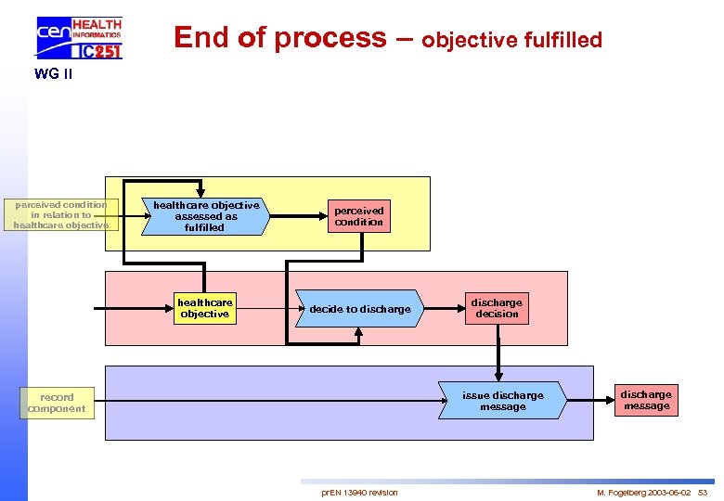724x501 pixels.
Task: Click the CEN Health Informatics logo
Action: coord(79,38)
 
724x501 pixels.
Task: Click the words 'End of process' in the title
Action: coord(280,37)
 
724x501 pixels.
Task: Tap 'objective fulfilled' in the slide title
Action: coord(511,40)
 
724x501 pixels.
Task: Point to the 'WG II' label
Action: coord(53,74)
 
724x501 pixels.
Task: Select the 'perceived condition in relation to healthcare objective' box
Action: coord(60,214)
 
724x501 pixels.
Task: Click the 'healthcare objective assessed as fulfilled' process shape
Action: coord(205,216)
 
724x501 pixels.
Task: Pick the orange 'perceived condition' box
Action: coord(358,216)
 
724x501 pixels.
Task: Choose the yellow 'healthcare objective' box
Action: coord(205,308)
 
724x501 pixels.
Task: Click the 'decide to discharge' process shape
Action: coord(359,309)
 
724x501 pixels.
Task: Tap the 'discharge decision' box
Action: coord(497,308)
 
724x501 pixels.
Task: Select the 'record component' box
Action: coord(57,403)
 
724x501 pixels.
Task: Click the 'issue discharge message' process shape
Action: coord(502,401)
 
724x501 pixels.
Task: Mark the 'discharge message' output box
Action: coord(646,401)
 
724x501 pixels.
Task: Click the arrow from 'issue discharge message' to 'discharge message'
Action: coord(591,401)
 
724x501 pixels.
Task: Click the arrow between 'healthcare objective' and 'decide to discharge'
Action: coord(265,309)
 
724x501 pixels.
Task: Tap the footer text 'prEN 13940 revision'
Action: coord(358,492)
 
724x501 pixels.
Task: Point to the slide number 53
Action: coord(702,492)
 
